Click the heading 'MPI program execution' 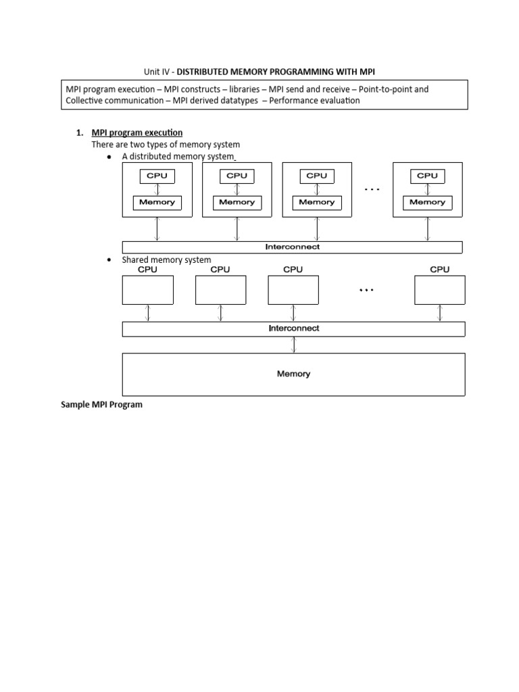point(137,132)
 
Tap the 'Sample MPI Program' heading point(101,405)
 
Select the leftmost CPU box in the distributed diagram point(157,176)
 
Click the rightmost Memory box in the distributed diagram point(427,202)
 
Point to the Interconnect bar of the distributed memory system point(292,247)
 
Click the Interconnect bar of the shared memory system point(293,328)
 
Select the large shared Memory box point(293,374)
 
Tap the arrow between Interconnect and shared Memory point(293,345)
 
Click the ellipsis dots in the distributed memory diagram point(372,191)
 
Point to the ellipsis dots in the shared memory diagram point(366,290)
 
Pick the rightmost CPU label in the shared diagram point(439,269)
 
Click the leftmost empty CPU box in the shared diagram point(147,290)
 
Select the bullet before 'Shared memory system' point(109,260)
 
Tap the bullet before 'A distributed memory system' point(109,157)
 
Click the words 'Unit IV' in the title point(156,71)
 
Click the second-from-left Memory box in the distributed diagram point(237,202)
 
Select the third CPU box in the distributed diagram point(316,176)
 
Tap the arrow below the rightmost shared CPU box point(439,313)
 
